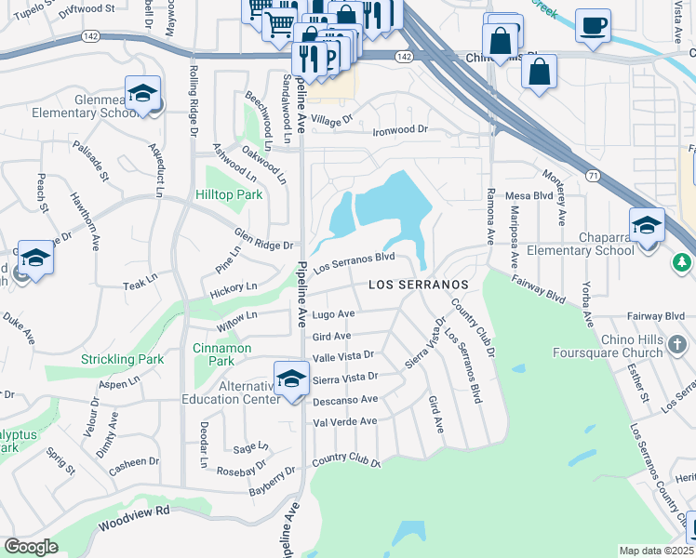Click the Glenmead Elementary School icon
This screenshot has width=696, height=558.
click(142, 94)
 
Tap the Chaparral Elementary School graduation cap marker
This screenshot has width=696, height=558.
click(647, 225)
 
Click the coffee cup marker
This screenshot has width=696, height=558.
click(593, 25)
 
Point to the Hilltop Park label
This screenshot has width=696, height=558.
click(229, 194)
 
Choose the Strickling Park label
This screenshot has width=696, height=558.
click(122, 359)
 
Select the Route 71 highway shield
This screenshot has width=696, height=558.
click(592, 175)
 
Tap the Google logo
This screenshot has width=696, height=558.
click(31, 546)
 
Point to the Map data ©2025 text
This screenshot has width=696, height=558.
click(655, 551)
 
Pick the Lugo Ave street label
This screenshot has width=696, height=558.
click(333, 315)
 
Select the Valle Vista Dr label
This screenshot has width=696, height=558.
click(342, 355)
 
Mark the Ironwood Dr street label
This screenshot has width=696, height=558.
click(398, 130)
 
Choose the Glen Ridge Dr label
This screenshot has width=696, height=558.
click(263, 239)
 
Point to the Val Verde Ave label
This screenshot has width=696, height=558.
click(344, 421)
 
